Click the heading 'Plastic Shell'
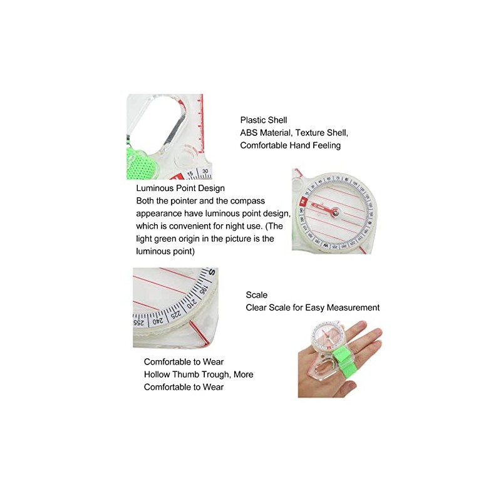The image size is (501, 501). [x=264, y=120]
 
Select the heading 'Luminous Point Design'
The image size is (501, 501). [x=180, y=188]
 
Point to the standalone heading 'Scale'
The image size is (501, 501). [x=256, y=295]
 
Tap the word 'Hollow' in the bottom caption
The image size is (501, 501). [x=158, y=374]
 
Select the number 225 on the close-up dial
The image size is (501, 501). [x=177, y=312]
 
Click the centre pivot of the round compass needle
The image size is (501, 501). [x=336, y=214]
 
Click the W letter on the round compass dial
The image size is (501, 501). [x=326, y=246]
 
